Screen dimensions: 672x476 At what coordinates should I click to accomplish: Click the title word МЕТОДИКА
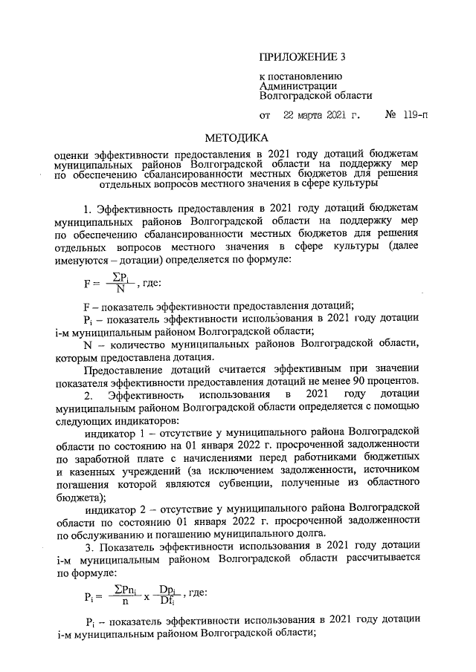tap(237, 138)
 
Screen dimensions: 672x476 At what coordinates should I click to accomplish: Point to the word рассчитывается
tap(385, 558)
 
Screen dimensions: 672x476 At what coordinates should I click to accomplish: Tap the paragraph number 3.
tap(87, 545)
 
